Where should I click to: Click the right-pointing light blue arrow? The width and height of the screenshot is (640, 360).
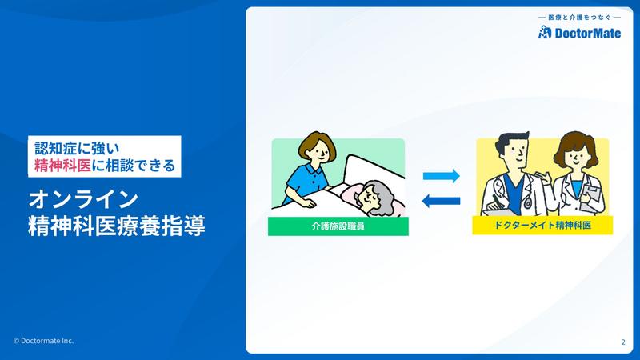(442, 176)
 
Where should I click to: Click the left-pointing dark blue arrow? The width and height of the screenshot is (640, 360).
(442, 201)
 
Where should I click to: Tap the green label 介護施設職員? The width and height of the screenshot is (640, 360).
(338, 226)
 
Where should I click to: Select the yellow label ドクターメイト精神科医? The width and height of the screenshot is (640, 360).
(542, 225)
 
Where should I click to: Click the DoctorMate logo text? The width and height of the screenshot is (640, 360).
(588, 33)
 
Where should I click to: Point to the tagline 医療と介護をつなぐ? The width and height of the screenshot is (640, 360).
(579, 18)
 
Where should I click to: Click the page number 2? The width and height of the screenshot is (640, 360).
(623, 342)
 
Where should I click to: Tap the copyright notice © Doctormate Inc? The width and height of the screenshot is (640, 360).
(43, 341)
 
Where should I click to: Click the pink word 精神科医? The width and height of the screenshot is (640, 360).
(62, 166)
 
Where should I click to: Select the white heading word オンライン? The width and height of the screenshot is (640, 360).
(84, 199)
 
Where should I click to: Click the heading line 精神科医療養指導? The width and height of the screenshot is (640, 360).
(117, 226)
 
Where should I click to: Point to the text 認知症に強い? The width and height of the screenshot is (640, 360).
(77, 148)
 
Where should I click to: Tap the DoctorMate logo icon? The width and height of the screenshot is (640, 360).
(545, 32)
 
